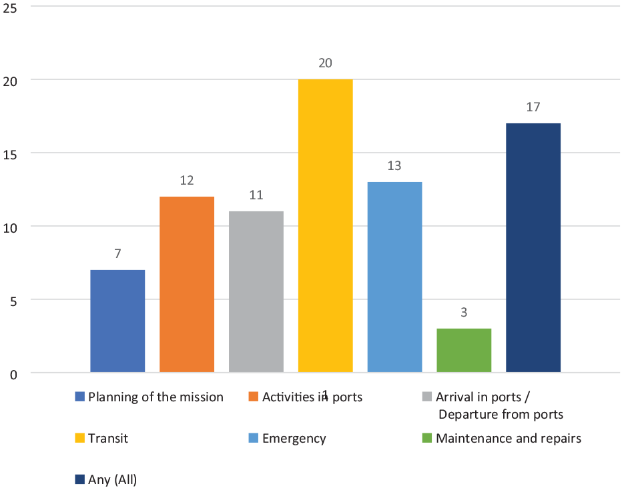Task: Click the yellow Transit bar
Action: pyautogui.click(x=325, y=226)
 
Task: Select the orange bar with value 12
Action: pyautogui.click(x=187, y=284)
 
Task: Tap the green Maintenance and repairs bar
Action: pyautogui.click(x=464, y=350)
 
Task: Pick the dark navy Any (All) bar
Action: pyautogui.click(x=533, y=247)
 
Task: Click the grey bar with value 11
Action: pyautogui.click(x=256, y=292)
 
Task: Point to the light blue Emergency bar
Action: pyautogui.click(x=394, y=277)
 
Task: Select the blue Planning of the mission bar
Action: pyautogui.click(x=117, y=321)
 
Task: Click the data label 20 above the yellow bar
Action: pyautogui.click(x=325, y=63)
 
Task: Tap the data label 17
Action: pyautogui.click(x=533, y=107)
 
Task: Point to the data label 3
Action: pyautogui.click(x=464, y=313)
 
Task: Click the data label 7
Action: pyautogui.click(x=117, y=253)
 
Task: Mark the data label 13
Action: pyautogui.click(x=394, y=166)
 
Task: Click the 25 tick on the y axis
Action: pyautogui.click(x=10, y=8)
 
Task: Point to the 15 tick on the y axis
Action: pyautogui.click(x=10, y=155)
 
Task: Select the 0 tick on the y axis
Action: pyautogui.click(x=13, y=375)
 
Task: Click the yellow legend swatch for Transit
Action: pyautogui.click(x=79, y=438)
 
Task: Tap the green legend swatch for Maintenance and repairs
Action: pyautogui.click(x=426, y=438)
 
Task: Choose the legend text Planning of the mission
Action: pyautogui.click(x=155, y=397)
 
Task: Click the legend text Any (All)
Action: pyautogui.click(x=113, y=480)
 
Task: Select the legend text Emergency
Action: pyautogui.click(x=294, y=439)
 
